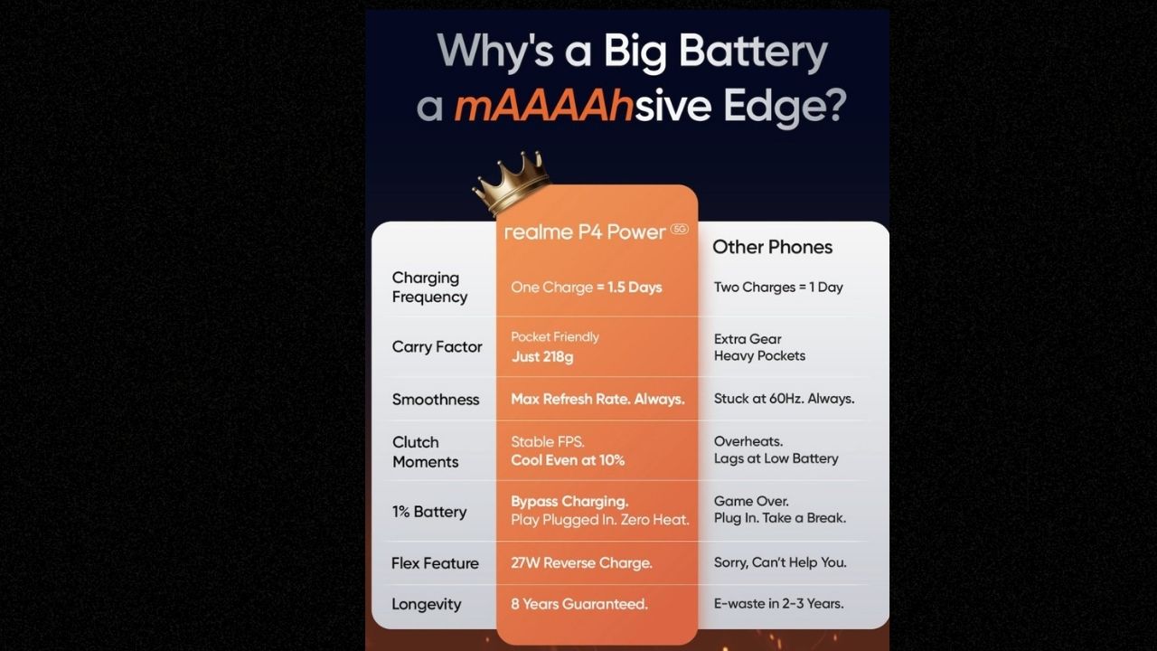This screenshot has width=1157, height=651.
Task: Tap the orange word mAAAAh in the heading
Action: (543, 106)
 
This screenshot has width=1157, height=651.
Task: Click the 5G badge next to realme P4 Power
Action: (679, 229)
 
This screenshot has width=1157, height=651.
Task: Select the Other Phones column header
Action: (772, 247)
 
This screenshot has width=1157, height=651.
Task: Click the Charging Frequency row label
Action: (429, 288)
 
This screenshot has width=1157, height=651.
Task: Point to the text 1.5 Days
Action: (635, 288)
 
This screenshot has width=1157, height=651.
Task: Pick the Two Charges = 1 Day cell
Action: (778, 288)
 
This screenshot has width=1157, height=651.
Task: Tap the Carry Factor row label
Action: (437, 346)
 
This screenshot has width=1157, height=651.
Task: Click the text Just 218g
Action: (542, 356)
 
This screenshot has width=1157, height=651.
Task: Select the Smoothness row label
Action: (436, 400)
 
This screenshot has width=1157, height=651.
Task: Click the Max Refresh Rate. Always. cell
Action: (597, 399)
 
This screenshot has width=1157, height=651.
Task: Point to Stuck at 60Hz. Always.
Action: (784, 399)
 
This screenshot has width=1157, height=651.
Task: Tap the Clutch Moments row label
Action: (425, 451)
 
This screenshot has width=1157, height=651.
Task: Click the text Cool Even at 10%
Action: (568, 460)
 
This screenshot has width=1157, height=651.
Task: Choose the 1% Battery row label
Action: (428, 512)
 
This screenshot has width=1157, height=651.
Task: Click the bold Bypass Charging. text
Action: (569, 501)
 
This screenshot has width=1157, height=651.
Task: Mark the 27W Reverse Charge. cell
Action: (581, 562)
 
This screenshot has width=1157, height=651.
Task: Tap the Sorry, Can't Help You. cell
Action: (780, 562)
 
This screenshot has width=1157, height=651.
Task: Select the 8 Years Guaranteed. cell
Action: (579, 603)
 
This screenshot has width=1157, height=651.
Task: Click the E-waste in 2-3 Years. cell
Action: (778, 603)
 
